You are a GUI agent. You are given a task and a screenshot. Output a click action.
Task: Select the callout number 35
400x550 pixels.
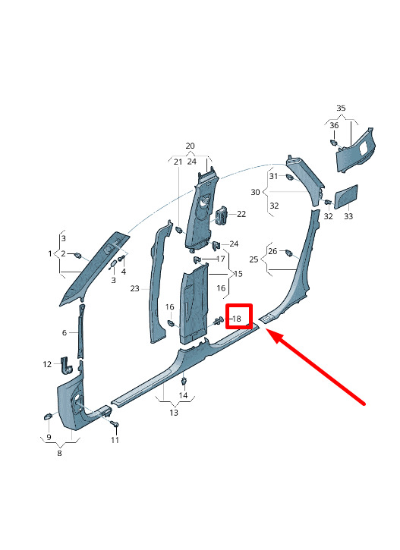click(341, 108)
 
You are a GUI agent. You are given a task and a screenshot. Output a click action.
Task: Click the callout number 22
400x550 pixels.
click(241, 214)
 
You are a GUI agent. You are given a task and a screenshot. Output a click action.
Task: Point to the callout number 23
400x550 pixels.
click(135, 289)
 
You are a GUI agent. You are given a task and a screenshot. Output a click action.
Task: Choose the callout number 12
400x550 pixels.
click(47, 364)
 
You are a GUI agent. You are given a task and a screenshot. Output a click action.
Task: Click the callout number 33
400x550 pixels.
click(348, 216)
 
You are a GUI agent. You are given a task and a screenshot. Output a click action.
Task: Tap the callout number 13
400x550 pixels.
click(174, 413)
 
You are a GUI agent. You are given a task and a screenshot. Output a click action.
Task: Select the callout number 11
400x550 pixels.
click(115, 440)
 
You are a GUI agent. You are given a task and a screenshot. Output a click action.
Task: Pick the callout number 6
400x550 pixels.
click(65, 332)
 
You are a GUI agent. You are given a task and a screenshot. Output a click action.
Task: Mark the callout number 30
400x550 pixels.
click(256, 192)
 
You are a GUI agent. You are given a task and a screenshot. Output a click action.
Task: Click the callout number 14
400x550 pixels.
click(183, 396)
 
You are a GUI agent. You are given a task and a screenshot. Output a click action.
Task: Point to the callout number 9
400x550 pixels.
click(49, 437)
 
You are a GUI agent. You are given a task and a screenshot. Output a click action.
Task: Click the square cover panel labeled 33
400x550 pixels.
click(345, 196)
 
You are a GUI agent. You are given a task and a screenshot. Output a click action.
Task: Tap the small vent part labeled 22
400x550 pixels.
click(222, 215)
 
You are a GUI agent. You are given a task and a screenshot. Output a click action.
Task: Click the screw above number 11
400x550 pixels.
click(115, 424)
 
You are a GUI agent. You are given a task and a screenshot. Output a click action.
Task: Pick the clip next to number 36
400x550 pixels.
click(333, 143)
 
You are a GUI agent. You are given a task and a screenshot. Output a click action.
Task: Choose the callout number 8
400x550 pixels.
click(60, 453)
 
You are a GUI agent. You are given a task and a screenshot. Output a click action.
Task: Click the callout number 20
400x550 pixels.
click(190, 146)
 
